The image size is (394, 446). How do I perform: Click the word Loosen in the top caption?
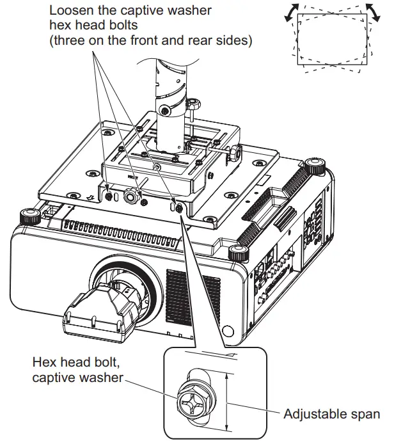tap(72, 11)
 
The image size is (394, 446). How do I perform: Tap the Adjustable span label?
tap(331, 414)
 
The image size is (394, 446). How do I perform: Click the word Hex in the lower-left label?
tap(44, 362)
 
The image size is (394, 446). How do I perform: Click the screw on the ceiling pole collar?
tap(166, 112)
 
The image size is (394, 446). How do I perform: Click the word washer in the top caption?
tap(191, 11)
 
